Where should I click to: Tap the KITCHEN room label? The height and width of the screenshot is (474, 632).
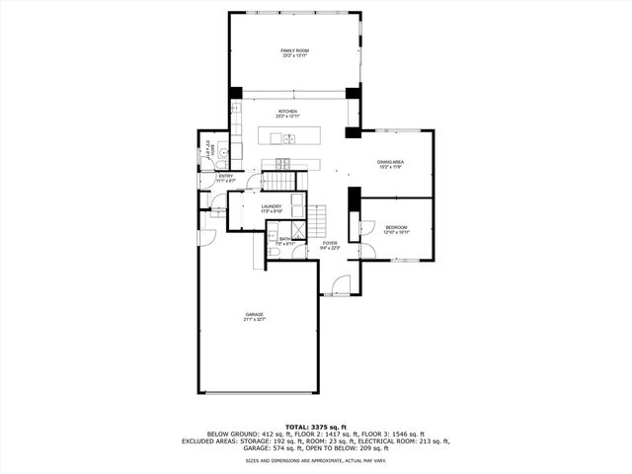[x=287, y=112]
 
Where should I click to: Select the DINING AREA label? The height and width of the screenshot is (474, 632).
[x=390, y=161]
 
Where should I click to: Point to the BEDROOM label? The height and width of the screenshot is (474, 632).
[x=395, y=227]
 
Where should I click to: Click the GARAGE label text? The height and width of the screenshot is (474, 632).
[x=255, y=314]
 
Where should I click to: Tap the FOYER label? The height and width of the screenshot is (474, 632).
[x=330, y=243]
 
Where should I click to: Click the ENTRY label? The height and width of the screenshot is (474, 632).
[x=225, y=176]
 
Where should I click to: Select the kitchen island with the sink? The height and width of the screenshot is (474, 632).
[x=290, y=136]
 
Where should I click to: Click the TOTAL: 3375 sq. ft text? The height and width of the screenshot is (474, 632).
[x=315, y=426]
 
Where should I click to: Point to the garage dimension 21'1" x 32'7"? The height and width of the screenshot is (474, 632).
[x=255, y=320]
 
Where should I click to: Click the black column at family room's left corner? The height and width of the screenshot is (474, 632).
[x=236, y=94]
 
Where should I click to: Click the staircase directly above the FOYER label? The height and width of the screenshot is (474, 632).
[x=317, y=218]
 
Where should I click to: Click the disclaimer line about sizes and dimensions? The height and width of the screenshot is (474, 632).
[x=315, y=460]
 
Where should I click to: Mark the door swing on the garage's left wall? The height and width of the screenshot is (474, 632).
[x=205, y=238]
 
